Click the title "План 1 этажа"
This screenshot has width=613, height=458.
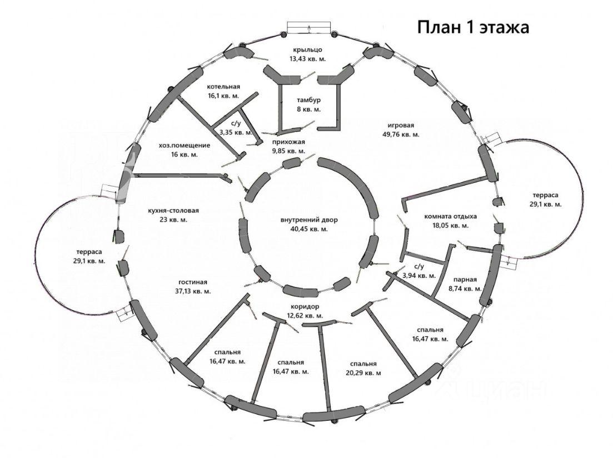click(x=473, y=27)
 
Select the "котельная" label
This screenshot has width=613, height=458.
click(x=223, y=87)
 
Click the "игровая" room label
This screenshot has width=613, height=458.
click(x=401, y=125)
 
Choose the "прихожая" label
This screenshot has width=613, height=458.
click(x=288, y=142)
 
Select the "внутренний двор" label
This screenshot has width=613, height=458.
click(x=309, y=220)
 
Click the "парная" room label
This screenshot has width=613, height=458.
click(x=465, y=280)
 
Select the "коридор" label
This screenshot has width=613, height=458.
click(x=303, y=307)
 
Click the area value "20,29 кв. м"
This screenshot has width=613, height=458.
click(x=362, y=372)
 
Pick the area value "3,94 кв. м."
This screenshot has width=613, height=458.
click(x=418, y=275)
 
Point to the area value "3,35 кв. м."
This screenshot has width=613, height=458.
click(x=236, y=132)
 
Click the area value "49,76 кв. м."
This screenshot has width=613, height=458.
click(x=401, y=134)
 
